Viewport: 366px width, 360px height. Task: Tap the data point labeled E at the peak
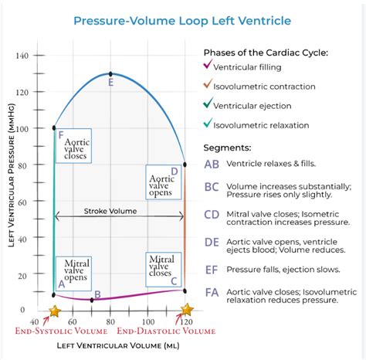[111, 73]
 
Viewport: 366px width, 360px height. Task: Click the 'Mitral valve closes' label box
[161, 267]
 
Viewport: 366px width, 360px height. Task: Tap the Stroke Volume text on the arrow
[110, 210]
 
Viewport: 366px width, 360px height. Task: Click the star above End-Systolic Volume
[54, 311]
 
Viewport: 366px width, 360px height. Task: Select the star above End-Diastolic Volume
[186, 311]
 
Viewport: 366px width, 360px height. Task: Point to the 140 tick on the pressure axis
[21, 56]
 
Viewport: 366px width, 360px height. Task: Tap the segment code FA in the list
[212, 293]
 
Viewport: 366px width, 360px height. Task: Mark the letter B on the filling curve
[97, 294]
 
